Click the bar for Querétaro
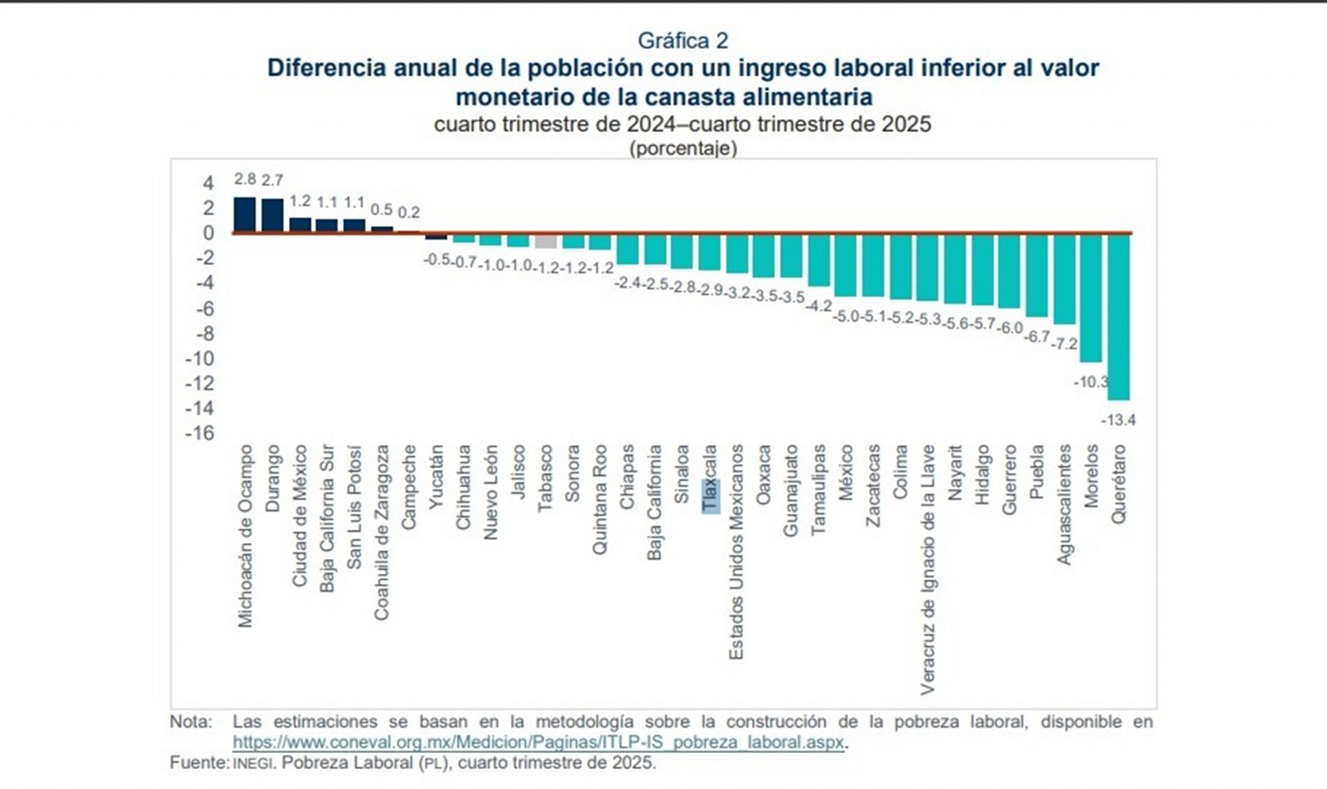click(1119, 316)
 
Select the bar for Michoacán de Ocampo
click(245, 215)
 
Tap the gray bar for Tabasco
click(546, 241)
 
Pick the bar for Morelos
click(1091, 298)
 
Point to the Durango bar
click(273, 215)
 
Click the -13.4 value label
click(1118, 420)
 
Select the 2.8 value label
click(245, 179)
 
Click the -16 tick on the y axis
click(200, 433)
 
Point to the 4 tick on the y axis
click(208, 184)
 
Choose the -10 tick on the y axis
click(200, 359)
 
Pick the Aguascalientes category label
click(1064, 504)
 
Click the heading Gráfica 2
click(683, 41)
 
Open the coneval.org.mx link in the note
click(538, 742)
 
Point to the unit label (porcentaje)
click(683, 148)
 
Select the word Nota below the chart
click(191, 722)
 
